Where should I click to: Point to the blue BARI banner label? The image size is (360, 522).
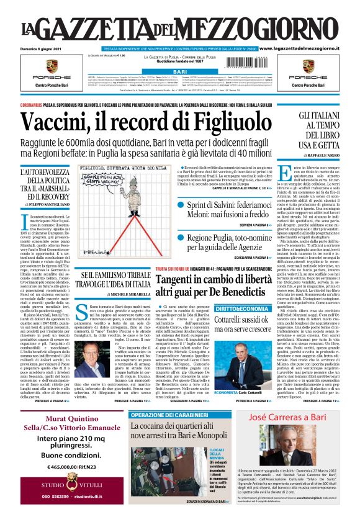click(179, 72)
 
